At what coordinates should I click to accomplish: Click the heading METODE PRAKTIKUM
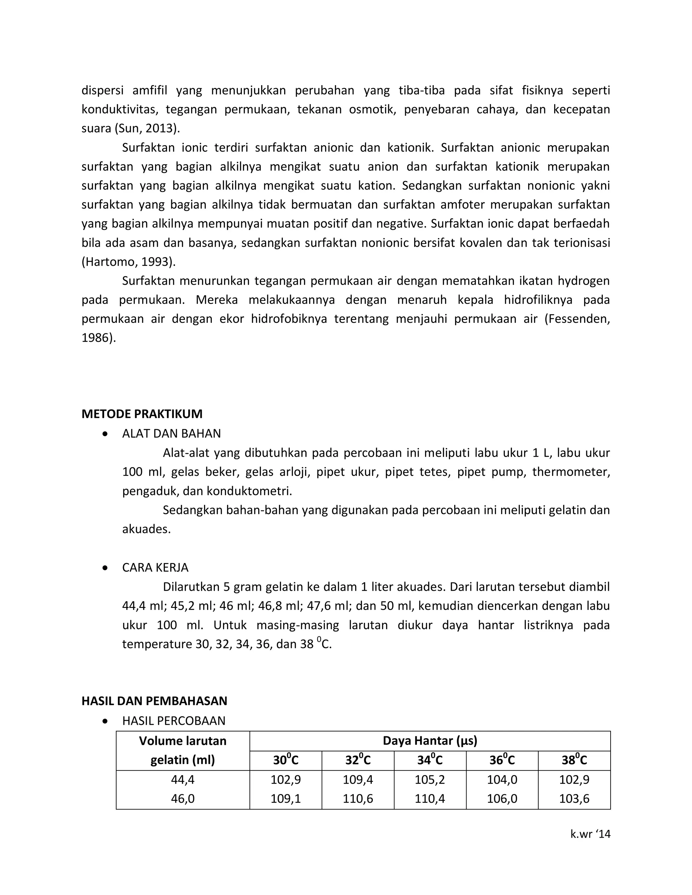pos(142,414)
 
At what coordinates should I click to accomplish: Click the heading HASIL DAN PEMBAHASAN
pos(154,701)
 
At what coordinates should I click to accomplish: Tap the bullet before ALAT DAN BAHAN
pos(106,434)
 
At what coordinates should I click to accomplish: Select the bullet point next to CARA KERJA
pos(106,568)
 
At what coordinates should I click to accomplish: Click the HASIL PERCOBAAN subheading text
pos(173,721)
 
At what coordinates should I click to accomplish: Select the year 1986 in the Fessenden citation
pos(96,338)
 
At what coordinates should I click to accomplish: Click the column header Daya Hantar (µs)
pos(430,741)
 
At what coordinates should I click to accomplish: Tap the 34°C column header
pos(430,760)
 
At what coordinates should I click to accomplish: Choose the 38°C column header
pos(574,760)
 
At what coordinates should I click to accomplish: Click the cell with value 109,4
pos(357,779)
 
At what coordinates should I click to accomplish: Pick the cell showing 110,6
pos(357,799)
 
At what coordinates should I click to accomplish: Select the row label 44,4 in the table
pos(182,779)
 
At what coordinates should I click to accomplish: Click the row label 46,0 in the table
pos(182,799)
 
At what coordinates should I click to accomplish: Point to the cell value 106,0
pos(502,799)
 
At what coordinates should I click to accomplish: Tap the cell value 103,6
pos(574,799)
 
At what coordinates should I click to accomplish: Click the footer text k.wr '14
pos(590,834)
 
